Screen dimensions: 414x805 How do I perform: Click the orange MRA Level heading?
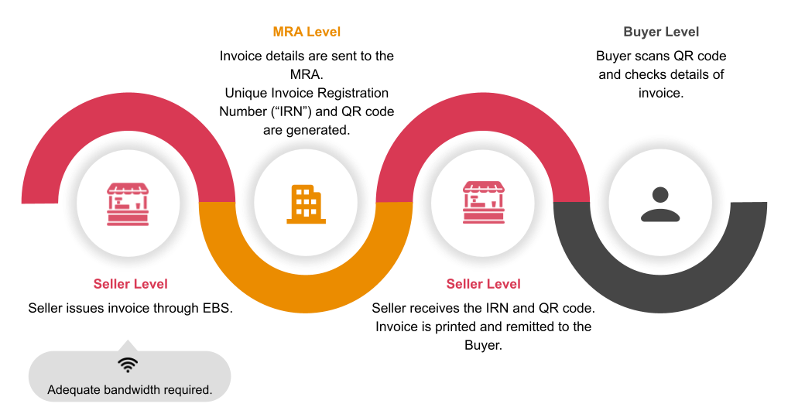pos(307,32)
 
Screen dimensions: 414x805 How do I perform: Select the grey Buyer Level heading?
pos(661,32)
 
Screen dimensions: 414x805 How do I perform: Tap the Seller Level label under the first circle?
pos(130,284)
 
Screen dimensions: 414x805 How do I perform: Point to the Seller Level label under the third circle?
pos(483,284)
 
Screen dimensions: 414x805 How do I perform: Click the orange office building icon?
pos(306,204)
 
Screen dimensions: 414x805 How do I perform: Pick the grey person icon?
pos(660,204)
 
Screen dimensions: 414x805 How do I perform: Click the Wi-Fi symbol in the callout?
pos(128,365)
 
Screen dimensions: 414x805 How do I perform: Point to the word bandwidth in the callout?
pos(134,390)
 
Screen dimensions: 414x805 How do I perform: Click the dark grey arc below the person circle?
pos(659,297)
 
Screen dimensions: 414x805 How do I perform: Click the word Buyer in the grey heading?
pos(642,32)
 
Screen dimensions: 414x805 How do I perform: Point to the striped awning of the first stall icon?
pos(128,190)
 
